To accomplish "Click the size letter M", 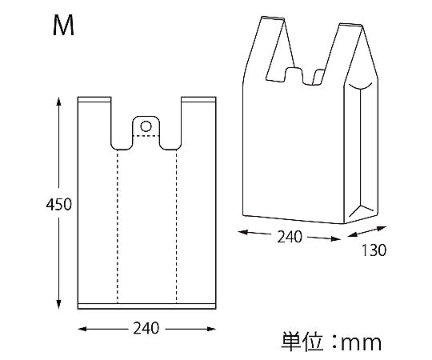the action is click(x=63, y=26).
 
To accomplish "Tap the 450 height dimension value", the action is click(x=58, y=204).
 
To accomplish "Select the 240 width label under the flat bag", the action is click(x=146, y=328).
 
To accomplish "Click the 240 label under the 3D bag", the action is click(x=290, y=237).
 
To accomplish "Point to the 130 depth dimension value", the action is click(x=374, y=250).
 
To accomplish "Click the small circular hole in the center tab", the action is click(x=146, y=126).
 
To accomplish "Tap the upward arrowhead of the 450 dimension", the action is click(x=58, y=101).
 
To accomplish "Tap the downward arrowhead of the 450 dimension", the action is click(x=58, y=304).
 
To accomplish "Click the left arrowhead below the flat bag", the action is click(x=82, y=329).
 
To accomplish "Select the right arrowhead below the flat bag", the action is click(x=211, y=329).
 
